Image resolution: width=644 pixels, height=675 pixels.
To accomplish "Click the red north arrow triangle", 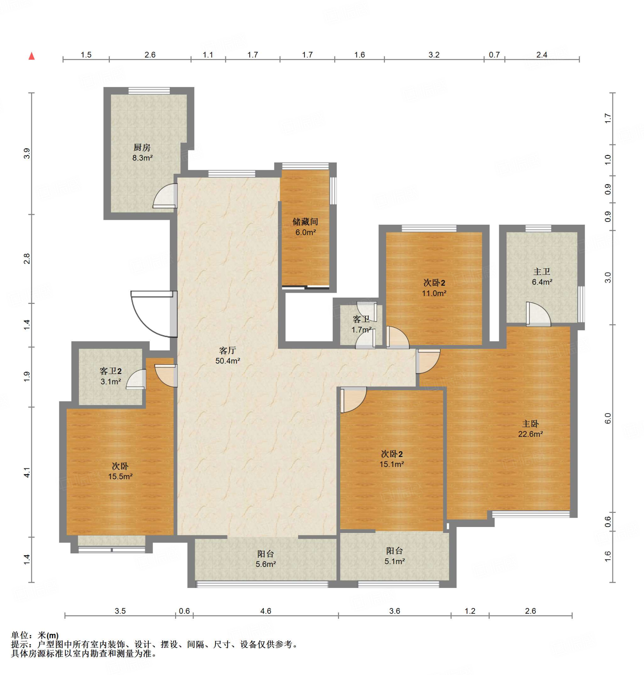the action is tap(32, 56).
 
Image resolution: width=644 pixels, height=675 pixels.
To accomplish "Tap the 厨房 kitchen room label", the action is tap(142, 148).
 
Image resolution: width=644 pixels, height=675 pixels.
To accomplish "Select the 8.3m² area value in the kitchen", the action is tap(142, 158).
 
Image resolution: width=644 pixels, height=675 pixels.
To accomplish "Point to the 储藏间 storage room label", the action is tap(305, 222).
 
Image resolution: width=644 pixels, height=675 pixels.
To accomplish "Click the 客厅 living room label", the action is tap(228, 350).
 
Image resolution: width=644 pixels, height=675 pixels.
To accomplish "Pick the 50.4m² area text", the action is tap(228, 361).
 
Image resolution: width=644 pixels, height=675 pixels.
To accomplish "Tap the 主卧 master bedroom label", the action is tap(530, 424).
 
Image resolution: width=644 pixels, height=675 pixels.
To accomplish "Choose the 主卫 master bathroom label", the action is tap(542, 272).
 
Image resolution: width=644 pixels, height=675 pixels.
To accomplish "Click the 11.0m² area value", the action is tap(434, 293).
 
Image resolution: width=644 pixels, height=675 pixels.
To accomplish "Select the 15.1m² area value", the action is tap(392, 464).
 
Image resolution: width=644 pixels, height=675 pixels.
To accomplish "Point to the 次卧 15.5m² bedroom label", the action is tap(120, 466).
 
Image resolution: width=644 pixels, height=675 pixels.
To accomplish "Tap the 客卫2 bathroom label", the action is tap(110, 371).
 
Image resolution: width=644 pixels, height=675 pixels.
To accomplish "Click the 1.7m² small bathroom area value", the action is tap(361, 330).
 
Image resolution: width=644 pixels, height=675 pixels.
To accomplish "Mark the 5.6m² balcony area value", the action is tap(266, 564).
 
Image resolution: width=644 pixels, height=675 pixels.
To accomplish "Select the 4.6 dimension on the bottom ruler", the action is tap(266, 611).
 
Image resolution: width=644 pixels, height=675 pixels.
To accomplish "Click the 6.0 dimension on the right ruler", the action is tap(608, 418).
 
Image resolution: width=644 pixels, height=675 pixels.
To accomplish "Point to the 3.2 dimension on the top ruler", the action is tap(434, 55).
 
